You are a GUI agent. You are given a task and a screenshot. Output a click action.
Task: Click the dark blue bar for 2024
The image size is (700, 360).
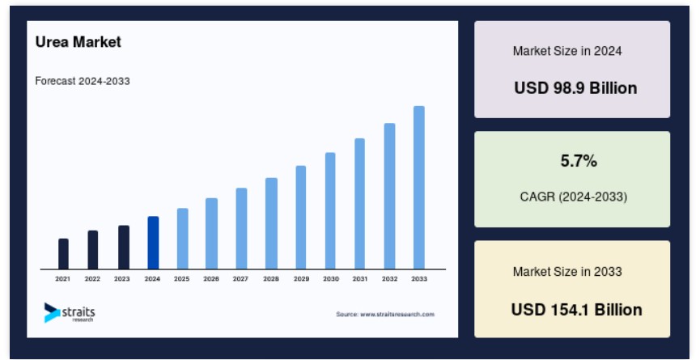coord(153,243)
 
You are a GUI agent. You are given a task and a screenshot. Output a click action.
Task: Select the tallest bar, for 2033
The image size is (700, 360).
coord(418,188)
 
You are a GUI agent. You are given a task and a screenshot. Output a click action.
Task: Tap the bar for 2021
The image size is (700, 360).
coord(63,254)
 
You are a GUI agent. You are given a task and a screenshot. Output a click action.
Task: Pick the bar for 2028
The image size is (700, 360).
coord(271,223)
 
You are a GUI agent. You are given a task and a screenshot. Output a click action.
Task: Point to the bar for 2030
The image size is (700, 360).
coord(330,211)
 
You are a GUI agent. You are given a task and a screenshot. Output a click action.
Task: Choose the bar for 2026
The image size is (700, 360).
coord(211,234)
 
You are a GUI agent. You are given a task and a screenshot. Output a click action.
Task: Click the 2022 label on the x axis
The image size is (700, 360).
coord(92,279)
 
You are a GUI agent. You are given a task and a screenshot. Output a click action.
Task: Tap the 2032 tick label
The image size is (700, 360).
coord(389,279)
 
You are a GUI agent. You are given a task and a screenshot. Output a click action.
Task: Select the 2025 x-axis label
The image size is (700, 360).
coord(182,279)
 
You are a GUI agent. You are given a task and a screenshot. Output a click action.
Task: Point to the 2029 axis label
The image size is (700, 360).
coord(301,279)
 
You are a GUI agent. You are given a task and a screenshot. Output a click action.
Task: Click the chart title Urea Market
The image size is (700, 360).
coord(78,42)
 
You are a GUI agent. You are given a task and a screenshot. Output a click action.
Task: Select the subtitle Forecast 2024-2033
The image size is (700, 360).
coord(83,81)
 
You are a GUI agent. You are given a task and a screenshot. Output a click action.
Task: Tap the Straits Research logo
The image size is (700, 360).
coord(70,312)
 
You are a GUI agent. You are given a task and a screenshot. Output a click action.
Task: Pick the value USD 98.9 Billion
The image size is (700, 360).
coord(575,88)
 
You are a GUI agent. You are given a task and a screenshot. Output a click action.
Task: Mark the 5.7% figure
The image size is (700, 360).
coord(579,161)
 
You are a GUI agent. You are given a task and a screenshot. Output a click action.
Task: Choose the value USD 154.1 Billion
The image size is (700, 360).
coord(576,310)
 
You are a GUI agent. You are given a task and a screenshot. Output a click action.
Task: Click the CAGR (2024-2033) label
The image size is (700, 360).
coord(574,197)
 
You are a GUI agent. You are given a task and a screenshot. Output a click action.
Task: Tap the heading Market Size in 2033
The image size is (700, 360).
coord(567,272)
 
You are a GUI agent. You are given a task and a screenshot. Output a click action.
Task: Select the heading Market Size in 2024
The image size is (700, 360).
coord(567,51)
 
